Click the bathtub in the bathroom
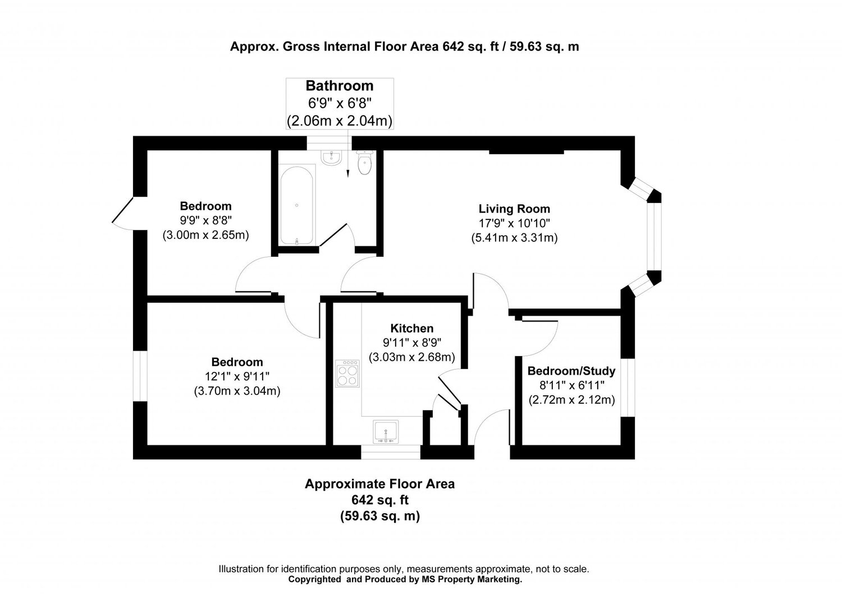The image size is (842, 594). [x=296, y=205]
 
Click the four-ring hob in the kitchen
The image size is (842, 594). [x=347, y=373]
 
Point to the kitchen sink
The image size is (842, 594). [x=386, y=431]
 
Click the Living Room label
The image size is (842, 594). [x=514, y=209]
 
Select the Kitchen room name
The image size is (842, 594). [x=411, y=329]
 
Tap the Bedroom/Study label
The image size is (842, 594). [x=571, y=371]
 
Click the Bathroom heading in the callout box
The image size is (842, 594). [x=339, y=86]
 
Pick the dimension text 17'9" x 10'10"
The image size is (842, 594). [x=514, y=223]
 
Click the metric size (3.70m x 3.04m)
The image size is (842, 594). [x=237, y=390]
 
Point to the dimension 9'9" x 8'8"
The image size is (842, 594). [x=205, y=220]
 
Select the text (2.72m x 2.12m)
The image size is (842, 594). [x=571, y=400]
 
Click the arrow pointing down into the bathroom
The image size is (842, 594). [x=349, y=165]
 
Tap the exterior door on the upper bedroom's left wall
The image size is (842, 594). [x=122, y=213]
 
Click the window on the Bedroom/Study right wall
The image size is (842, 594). [x=628, y=388]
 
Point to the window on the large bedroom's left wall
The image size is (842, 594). [x=140, y=376]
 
